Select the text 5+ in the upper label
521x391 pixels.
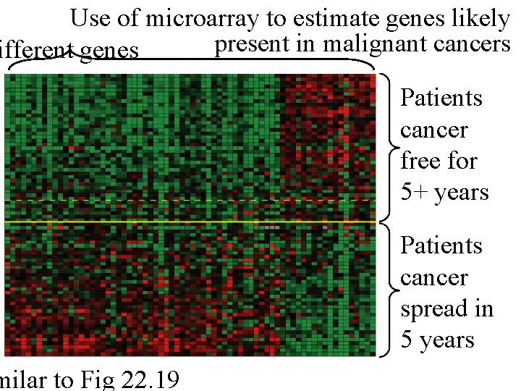(x=415, y=193)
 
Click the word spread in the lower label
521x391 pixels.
(x=428, y=310)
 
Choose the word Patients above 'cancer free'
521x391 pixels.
(x=441, y=98)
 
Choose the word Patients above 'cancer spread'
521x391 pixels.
(x=441, y=246)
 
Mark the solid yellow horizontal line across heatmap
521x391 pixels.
(x=188, y=221)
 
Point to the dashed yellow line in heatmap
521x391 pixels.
(x=145, y=200)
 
